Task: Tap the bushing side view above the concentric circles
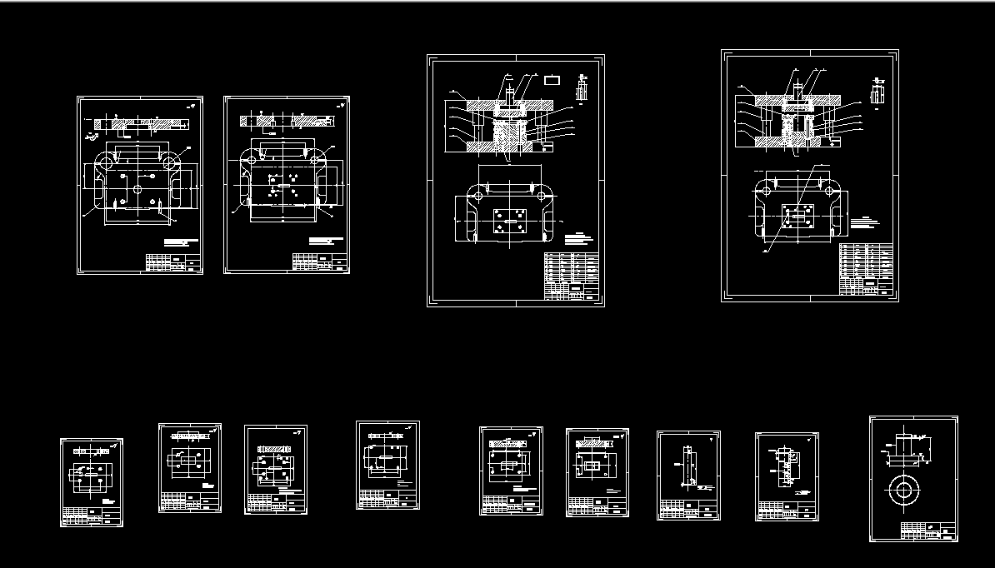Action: tap(906, 447)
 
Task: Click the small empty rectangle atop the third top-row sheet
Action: tap(550, 81)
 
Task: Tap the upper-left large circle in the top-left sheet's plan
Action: tap(105, 161)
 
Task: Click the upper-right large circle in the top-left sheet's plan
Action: tap(172, 160)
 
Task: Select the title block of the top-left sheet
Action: tap(173, 263)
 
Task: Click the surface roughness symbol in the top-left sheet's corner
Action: tap(193, 106)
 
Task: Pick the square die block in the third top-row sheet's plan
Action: tap(509, 221)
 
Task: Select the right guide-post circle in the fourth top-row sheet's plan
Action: tap(831, 191)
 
